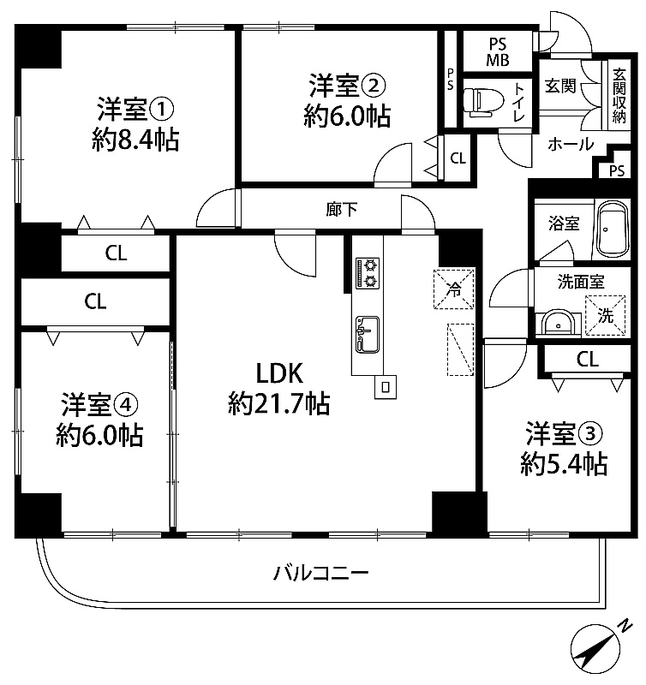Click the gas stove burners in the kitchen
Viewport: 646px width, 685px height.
tap(368, 273)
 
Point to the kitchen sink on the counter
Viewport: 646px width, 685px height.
tap(368, 334)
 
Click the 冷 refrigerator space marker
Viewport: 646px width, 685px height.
tap(454, 289)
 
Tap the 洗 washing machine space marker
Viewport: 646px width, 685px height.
tap(606, 315)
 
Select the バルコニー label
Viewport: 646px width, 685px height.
tap(321, 573)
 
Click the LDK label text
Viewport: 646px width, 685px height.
tap(279, 373)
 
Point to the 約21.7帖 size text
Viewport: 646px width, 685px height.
tap(279, 403)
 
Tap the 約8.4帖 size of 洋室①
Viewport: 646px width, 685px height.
tap(135, 140)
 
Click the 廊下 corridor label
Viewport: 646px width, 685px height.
tap(341, 209)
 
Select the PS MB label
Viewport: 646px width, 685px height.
tap(498, 52)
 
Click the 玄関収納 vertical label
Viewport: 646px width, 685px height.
tap(619, 96)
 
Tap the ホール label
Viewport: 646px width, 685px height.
tap(571, 144)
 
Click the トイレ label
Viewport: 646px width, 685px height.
tap(519, 102)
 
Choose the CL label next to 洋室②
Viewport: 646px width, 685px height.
tap(458, 158)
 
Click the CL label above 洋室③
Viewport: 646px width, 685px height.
tap(588, 360)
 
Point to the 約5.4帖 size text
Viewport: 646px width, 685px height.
tap(564, 464)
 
